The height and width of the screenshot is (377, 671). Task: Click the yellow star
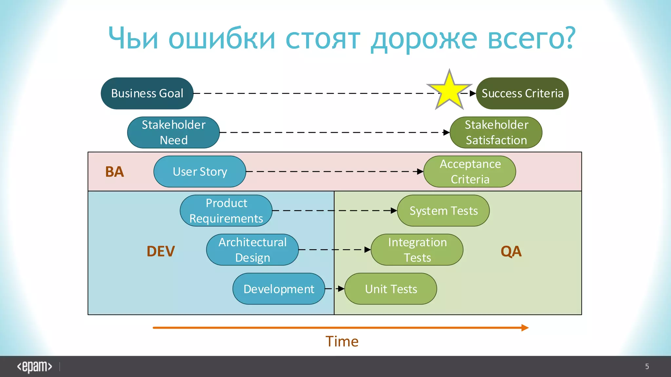coord(449,91)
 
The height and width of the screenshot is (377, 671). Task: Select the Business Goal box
coord(147,93)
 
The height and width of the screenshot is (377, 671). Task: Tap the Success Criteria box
coord(522,93)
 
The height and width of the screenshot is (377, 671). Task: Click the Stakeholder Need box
coord(173,132)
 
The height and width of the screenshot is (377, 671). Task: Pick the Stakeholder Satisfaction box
coord(496,132)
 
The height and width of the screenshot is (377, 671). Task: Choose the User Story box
coord(200,171)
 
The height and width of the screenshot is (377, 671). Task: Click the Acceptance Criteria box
coord(470,171)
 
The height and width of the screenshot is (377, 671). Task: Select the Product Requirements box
coord(226,210)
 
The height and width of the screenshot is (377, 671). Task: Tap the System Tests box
coord(443,210)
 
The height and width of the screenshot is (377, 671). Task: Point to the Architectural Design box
coord(252,250)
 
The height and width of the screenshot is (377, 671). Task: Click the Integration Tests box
coord(417,250)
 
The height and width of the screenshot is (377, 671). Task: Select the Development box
coord(278,289)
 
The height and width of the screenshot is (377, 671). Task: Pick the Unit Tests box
coord(391,289)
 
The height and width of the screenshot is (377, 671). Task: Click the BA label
coord(114,172)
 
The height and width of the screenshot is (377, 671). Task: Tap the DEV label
coord(161,251)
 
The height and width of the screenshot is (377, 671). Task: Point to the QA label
coord(511,251)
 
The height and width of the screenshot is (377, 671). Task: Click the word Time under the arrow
coord(342,341)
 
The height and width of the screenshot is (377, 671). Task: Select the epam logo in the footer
coord(34,367)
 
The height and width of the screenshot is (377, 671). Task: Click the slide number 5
coord(647,367)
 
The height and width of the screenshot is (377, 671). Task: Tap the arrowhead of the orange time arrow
coord(525,328)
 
